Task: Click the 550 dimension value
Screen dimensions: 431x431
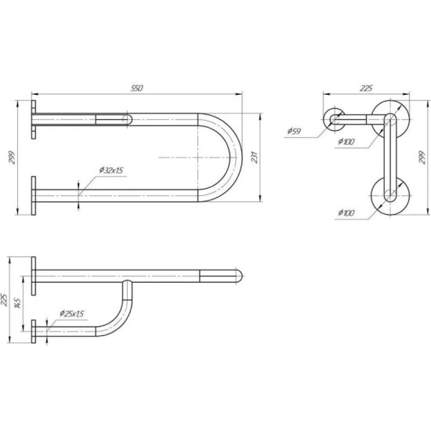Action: (137, 89)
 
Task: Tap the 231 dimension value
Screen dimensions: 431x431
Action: (255, 158)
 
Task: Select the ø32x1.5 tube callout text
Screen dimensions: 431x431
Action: (111, 170)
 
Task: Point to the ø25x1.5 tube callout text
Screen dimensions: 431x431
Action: (72, 313)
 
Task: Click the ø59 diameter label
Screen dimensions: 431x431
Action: (294, 132)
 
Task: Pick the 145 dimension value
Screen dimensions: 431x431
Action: (17, 302)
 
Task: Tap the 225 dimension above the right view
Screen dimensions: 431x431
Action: (366, 89)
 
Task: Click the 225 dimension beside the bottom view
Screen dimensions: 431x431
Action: (5, 299)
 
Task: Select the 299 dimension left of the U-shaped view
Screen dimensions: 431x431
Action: (12, 158)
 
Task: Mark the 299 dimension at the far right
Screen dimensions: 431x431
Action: (422, 158)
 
